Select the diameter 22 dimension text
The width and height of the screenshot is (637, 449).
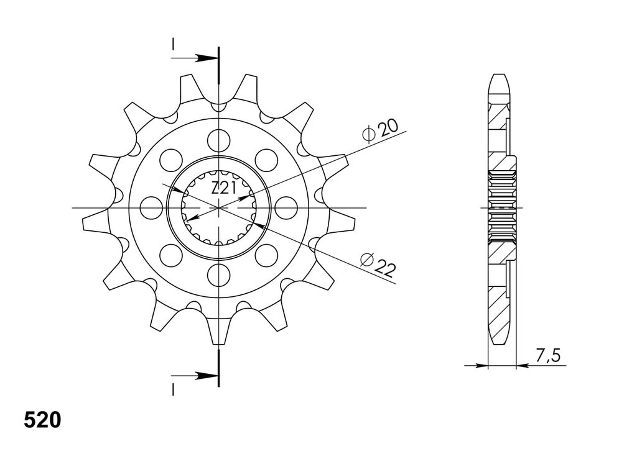click(378, 264)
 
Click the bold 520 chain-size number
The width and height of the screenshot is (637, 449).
click(42, 420)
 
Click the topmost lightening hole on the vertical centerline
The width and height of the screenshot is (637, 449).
click(218, 140)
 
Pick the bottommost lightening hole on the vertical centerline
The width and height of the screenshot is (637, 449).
click(218, 275)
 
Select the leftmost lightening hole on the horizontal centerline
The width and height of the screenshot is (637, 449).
click(151, 207)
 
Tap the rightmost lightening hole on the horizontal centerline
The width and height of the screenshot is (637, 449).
click(286, 207)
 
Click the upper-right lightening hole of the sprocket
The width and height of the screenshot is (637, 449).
click(266, 160)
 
